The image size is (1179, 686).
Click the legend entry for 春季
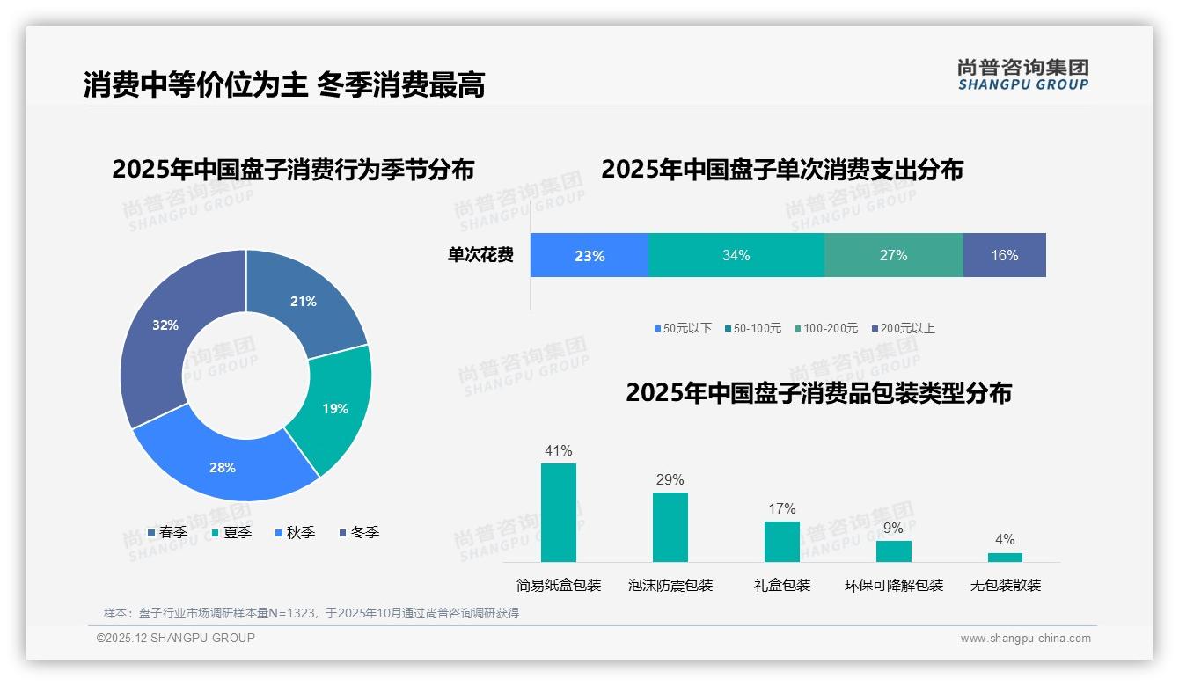(167, 532)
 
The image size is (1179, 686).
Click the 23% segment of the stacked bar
(589, 256)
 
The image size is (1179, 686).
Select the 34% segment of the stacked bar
(736, 256)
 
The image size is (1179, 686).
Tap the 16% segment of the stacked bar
(1004, 256)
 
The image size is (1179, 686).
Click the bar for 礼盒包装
(781, 542)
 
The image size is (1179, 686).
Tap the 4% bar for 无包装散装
(1005, 558)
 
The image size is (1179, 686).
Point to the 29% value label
(670, 480)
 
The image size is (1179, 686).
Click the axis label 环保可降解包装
(893, 586)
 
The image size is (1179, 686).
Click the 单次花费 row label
(480, 256)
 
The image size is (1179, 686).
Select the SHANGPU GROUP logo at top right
(1022, 74)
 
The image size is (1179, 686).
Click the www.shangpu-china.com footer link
(1025, 639)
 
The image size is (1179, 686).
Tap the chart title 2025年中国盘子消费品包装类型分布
(818, 393)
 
